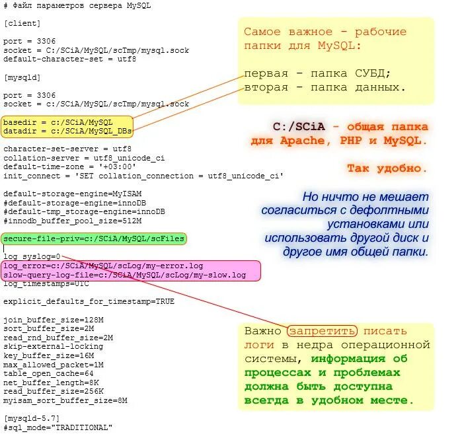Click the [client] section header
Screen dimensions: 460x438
(22, 23)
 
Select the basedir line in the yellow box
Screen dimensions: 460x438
(58, 122)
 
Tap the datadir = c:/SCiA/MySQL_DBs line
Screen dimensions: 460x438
(66, 131)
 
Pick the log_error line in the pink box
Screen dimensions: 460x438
(103, 266)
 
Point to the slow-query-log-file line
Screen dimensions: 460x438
(134, 275)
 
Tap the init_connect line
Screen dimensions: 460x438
(143, 176)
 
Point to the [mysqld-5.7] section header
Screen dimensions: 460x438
(32, 419)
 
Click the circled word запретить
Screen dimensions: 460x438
(323, 331)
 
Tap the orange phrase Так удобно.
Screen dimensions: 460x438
(387, 168)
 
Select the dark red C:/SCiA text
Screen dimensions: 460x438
(300, 126)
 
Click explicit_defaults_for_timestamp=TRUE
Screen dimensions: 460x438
(89, 301)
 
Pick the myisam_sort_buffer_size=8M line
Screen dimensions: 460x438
(65, 400)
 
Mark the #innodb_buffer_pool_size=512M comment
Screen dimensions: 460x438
(73, 221)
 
